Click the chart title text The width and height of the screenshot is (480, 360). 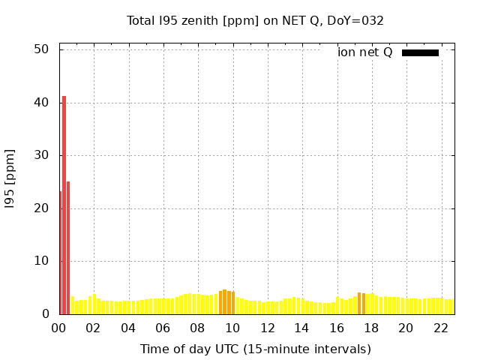point(255,20)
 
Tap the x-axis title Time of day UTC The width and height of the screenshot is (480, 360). point(255,349)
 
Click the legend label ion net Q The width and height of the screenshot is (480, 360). point(364,52)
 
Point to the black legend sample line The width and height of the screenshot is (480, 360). point(420,52)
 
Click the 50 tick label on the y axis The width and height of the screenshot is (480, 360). point(42,49)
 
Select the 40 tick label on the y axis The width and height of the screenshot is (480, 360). point(42,103)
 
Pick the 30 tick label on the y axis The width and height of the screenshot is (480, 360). point(42,156)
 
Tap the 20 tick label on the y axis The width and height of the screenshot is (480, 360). point(42,208)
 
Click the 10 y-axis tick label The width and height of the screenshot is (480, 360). point(42,262)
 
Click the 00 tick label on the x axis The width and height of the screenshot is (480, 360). point(58,328)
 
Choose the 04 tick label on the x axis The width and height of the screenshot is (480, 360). point(128,328)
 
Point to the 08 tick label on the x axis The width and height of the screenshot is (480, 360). point(197,328)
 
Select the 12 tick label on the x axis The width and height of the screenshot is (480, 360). point(267,328)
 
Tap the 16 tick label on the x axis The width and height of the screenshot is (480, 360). point(336,328)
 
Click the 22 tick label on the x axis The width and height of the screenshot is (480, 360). point(440,328)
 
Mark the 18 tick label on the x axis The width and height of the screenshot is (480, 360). point(370,328)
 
